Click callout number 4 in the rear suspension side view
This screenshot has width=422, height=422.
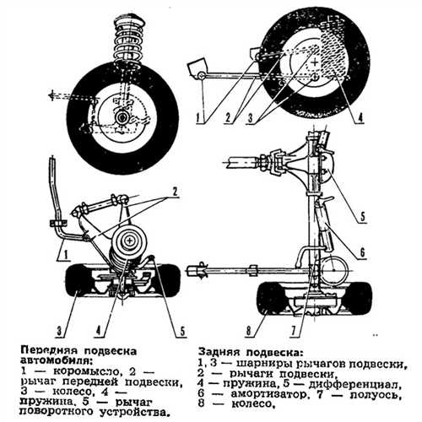click(x=360, y=117)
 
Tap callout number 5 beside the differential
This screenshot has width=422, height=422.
click(x=362, y=217)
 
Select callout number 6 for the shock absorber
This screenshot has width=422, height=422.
click(x=362, y=252)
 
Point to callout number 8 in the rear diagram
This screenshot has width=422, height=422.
click(x=248, y=331)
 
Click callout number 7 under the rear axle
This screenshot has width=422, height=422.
click(x=294, y=331)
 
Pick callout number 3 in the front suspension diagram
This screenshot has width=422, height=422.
click(x=59, y=331)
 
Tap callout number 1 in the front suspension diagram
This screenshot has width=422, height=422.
click(x=65, y=255)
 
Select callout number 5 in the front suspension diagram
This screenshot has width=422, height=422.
click(x=182, y=331)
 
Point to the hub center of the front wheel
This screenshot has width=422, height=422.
click(x=122, y=117)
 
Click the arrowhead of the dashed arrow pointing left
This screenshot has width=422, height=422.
click(x=51, y=95)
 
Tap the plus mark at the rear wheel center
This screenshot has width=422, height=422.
click(x=315, y=62)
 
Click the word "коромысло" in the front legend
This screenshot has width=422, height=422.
click(x=86, y=371)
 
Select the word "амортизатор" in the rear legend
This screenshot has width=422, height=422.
click(x=268, y=394)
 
